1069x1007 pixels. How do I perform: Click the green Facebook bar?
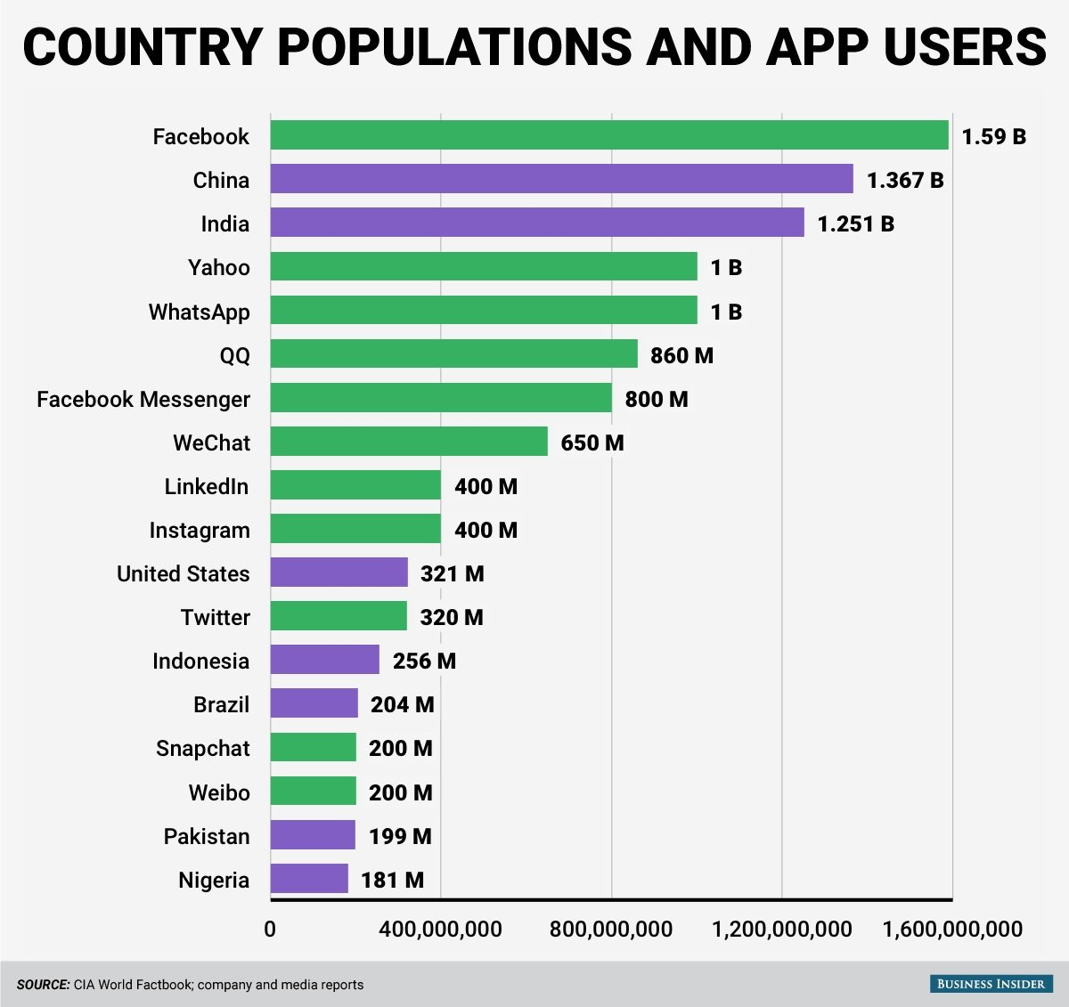click(x=609, y=135)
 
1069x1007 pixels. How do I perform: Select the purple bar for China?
click(x=561, y=179)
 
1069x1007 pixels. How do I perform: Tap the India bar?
click(x=537, y=223)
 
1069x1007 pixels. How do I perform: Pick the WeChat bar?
click(x=409, y=442)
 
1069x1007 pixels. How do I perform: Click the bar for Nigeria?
click(x=309, y=879)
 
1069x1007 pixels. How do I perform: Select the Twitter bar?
click(x=339, y=616)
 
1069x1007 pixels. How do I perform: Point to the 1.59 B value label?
click(x=993, y=136)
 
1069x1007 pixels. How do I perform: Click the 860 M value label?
click(x=681, y=355)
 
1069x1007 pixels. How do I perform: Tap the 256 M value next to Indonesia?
click(x=424, y=661)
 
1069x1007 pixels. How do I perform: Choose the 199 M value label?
click(x=400, y=836)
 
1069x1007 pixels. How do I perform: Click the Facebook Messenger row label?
click(x=143, y=399)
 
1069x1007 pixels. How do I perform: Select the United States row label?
click(x=184, y=573)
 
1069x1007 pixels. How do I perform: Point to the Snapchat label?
click(x=203, y=748)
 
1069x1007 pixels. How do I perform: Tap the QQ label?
click(x=235, y=355)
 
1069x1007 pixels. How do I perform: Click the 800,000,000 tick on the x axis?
click(x=611, y=930)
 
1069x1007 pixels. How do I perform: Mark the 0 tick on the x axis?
click(x=270, y=930)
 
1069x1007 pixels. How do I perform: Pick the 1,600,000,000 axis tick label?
click(x=952, y=930)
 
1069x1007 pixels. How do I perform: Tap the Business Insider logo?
click(x=991, y=984)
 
